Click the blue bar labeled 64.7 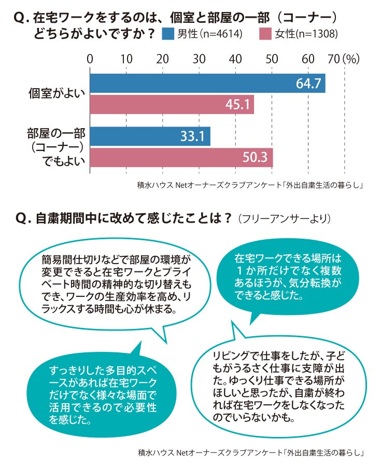[207, 84]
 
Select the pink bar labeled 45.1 [172, 104]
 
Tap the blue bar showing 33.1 [150, 136]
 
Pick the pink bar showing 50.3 [181, 158]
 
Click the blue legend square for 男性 [168, 34]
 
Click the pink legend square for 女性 [265, 34]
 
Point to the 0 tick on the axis [90, 59]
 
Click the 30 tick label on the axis [199, 59]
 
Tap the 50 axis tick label [272, 59]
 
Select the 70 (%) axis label [344, 59]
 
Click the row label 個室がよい [57, 93]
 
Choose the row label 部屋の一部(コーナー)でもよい [56, 147]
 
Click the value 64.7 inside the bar [308, 84]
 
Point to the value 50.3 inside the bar [255, 157]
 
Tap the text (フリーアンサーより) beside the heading [285, 219]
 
